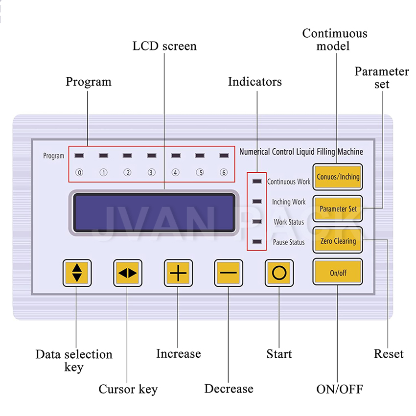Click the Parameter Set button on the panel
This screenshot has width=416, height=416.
(338, 208)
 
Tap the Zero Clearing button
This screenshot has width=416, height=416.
(338, 241)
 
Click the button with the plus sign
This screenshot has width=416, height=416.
(178, 273)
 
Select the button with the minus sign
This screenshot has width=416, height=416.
(229, 273)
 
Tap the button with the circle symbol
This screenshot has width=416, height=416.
(279, 273)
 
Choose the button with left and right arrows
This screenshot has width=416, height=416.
(127, 273)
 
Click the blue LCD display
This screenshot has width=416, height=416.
(154, 213)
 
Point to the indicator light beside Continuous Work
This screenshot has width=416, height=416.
(256, 181)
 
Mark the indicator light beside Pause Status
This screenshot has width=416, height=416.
(256, 242)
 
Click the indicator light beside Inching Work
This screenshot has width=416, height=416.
(256, 201)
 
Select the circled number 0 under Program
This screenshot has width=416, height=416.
(79, 172)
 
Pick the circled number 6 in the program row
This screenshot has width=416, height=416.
(224, 172)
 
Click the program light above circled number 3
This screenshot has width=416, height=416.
(152, 156)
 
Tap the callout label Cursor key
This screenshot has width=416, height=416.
(128, 389)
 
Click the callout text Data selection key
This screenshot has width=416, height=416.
(74, 360)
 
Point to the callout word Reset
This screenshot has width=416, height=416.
(389, 354)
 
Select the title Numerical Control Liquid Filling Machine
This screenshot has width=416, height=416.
(301, 152)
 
